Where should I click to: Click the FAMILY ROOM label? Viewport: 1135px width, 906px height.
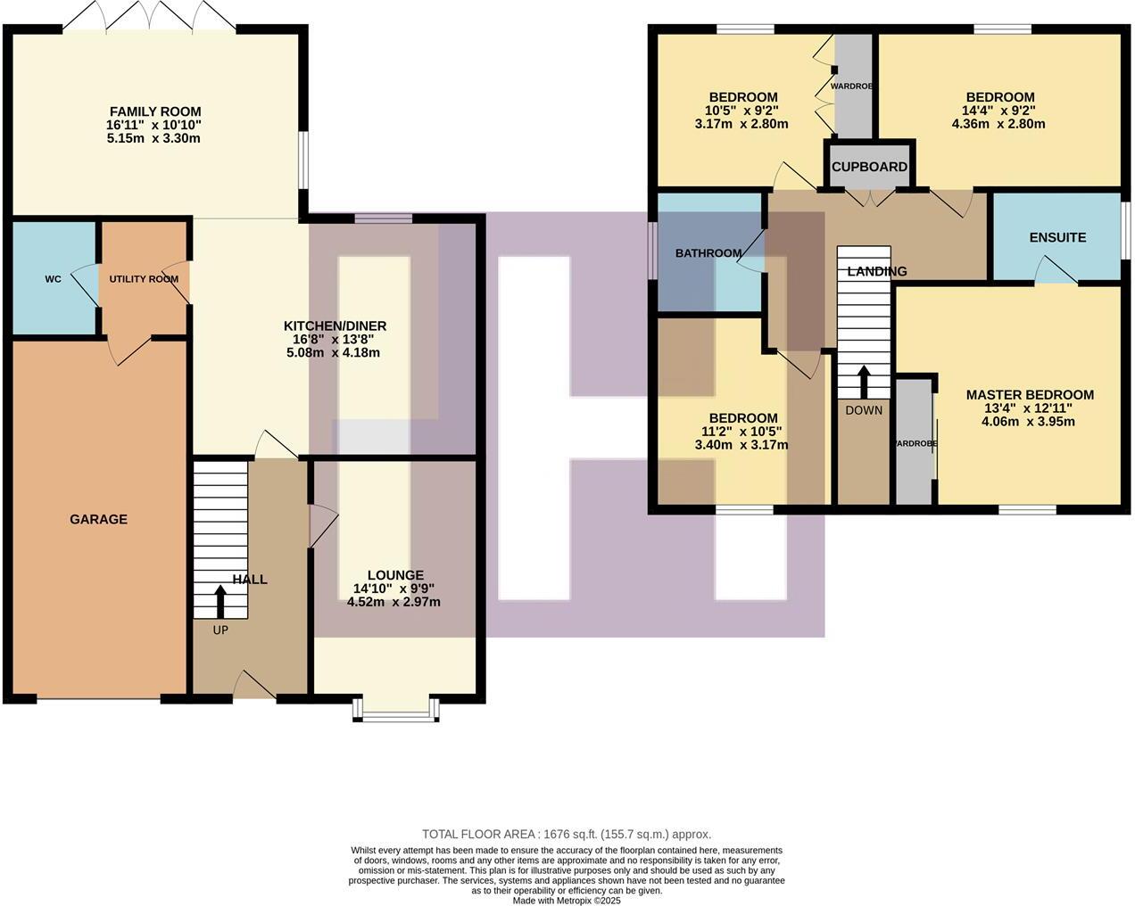click(155, 111)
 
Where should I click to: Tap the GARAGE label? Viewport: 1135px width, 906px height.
click(98, 519)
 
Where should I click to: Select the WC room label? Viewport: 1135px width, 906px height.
click(53, 279)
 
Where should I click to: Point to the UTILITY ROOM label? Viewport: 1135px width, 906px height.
click(144, 279)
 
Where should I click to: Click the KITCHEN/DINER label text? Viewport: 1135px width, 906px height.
click(335, 325)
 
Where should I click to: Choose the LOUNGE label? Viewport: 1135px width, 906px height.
click(395, 575)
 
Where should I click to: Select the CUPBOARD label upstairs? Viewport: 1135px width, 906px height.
click(869, 167)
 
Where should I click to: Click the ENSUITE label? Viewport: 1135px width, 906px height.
click(1057, 237)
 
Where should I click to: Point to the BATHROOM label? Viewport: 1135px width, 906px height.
click(708, 253)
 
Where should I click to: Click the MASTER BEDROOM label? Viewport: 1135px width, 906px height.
click(1029, 395)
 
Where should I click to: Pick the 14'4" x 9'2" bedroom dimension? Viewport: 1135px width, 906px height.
click(999, 111)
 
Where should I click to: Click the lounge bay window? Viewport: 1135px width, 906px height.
click(395, 709)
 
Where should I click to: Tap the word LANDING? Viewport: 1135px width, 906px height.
click(876, 271)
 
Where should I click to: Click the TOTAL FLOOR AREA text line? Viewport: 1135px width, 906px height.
click(567, 835)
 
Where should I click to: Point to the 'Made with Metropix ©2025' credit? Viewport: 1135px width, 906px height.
click(567, 900)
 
